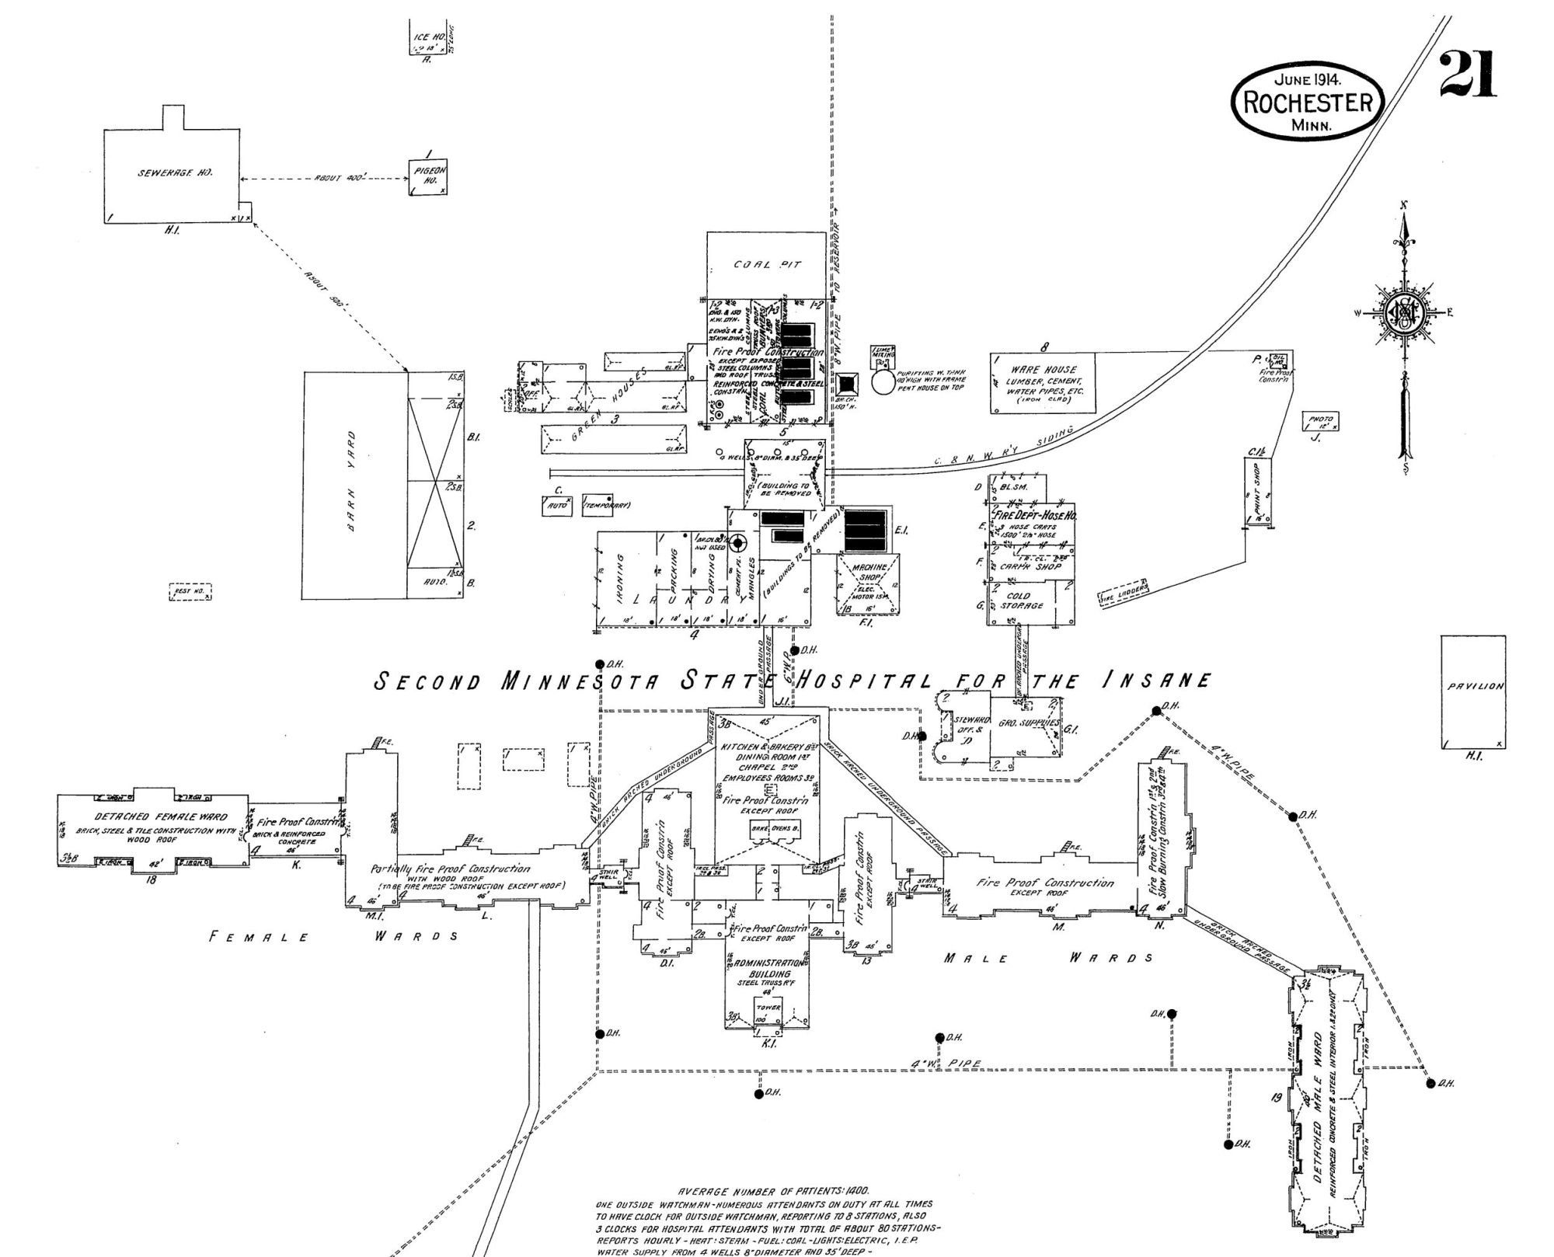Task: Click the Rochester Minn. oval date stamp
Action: [1308, 102]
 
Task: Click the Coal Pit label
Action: [767, 264]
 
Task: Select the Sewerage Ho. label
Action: [175, 172]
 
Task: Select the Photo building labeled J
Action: [1321, 422]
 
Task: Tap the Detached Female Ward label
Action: [161, 817]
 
